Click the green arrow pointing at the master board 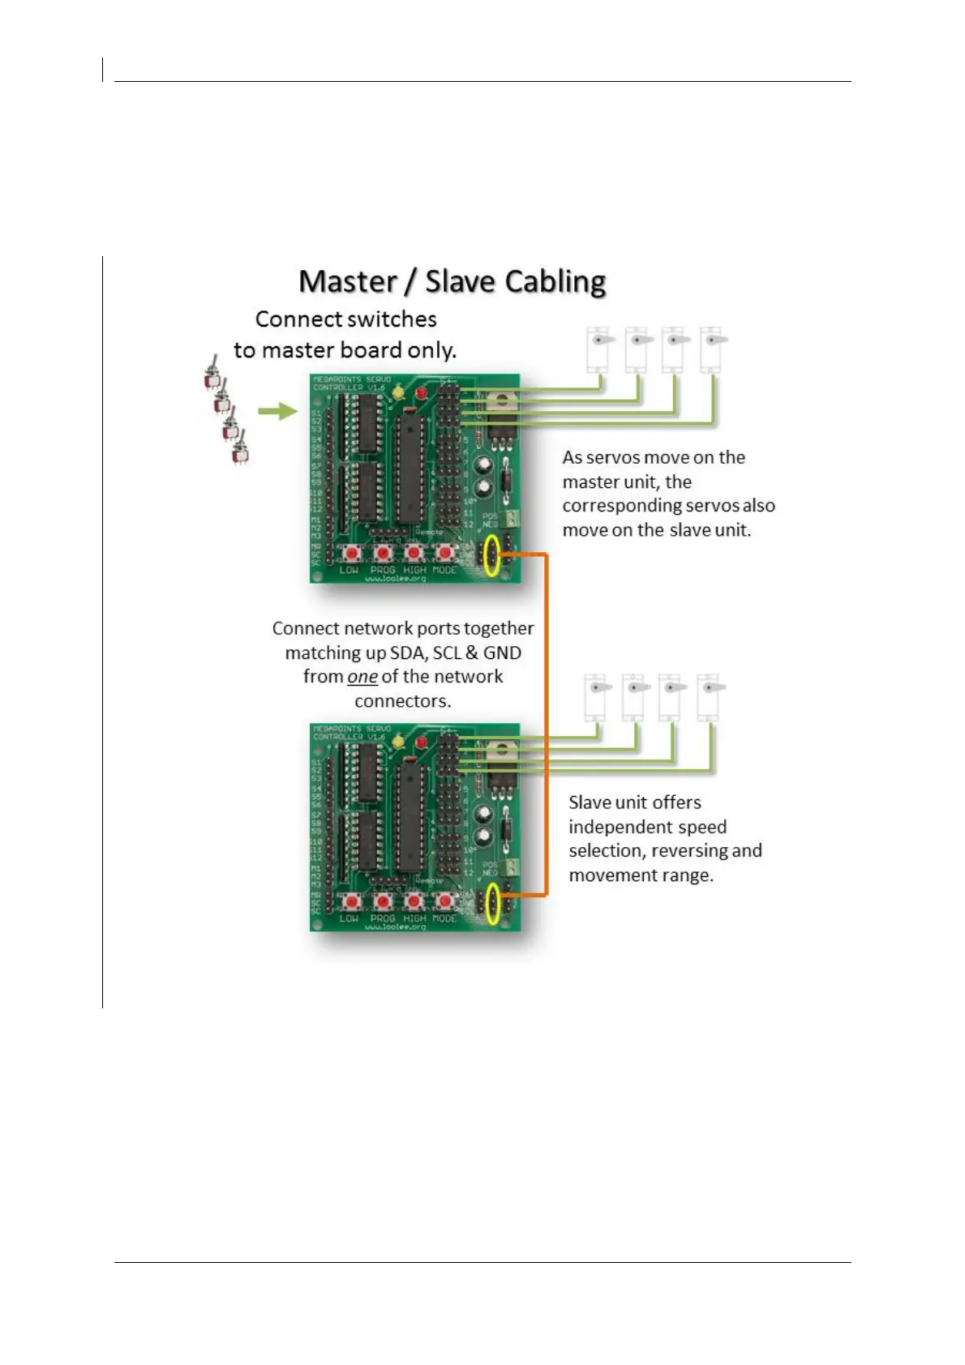coord(278,412)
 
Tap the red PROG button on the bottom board coord(382,901)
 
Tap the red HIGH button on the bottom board coord(414,901)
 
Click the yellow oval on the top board coord(491,556)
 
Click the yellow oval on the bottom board coord(491,905)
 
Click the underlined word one coord(362,677)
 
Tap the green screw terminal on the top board coord(513,520)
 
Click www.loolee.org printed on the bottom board coord(395,926)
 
